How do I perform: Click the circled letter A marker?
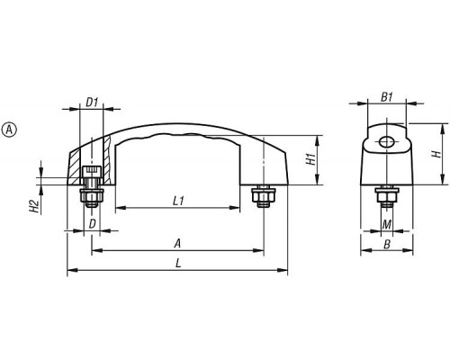coord(9,130)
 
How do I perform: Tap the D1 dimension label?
coord(92,103)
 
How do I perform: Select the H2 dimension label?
coord(34,206)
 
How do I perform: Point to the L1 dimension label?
coord(178,201)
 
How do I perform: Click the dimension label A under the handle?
coord(178,244)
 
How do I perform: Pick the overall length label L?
coord(178,264)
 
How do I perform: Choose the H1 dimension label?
coord(311,158)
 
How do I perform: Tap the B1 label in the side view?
coord(387,97)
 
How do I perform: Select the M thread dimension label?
coord(387,224)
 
